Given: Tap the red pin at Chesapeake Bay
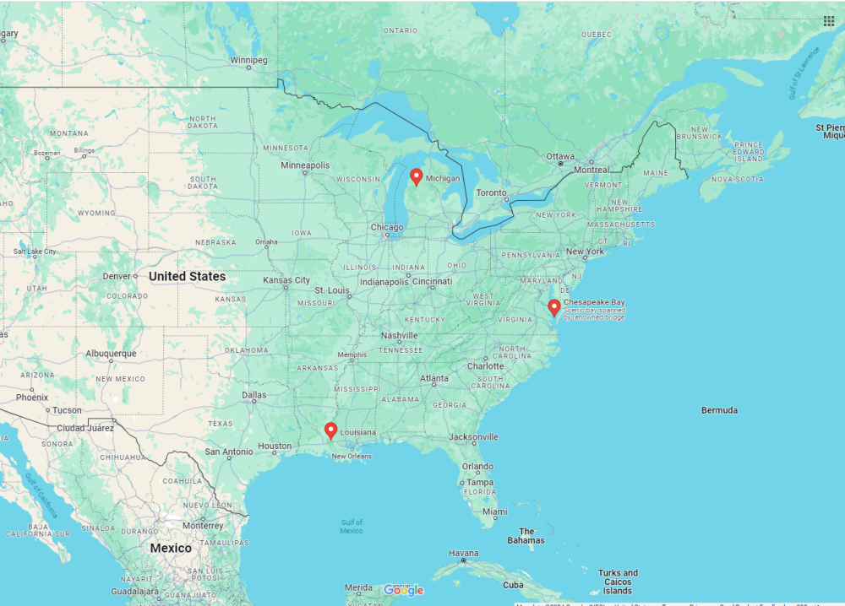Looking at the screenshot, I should (x=553, y=308).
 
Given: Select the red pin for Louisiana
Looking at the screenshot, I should (x=330, y=431).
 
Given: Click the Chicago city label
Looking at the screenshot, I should (x=386, y=227).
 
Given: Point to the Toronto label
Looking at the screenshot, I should (x=491, y=192).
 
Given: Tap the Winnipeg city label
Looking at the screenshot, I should (x=248, y=60).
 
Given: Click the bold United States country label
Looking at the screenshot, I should (x=187, y=276).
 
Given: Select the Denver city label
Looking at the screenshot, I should (x=117, y=276).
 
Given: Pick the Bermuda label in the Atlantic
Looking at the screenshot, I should (x=719, y=410).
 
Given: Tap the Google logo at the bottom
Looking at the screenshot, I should (x=403, y=590).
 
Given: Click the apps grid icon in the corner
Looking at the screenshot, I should (x=829, y=21).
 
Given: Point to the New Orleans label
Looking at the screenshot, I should (x=351, y=457).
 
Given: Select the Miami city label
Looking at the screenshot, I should (x=494, y=511).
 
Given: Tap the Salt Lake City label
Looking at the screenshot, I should (x=35, y=251).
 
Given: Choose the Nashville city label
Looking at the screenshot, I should (x=400, y=335).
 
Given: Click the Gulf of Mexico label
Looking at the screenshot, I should (x=352, y=526).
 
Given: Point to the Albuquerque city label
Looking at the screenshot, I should (x=111, y=354).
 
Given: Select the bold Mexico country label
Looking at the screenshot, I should (x=171, y=548).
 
